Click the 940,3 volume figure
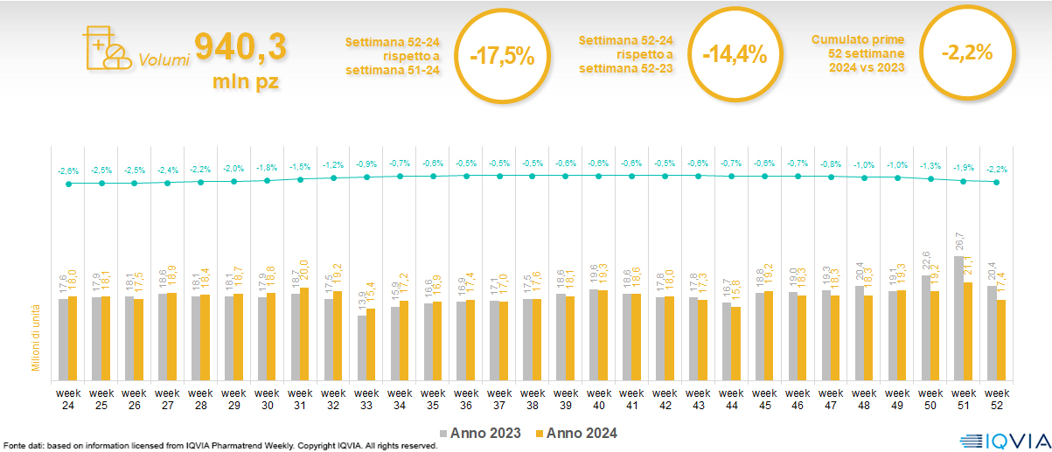240,47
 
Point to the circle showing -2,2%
966,52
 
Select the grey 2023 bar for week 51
959,317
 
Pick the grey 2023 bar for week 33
363,347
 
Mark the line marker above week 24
69,184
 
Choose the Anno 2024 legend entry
576,433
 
